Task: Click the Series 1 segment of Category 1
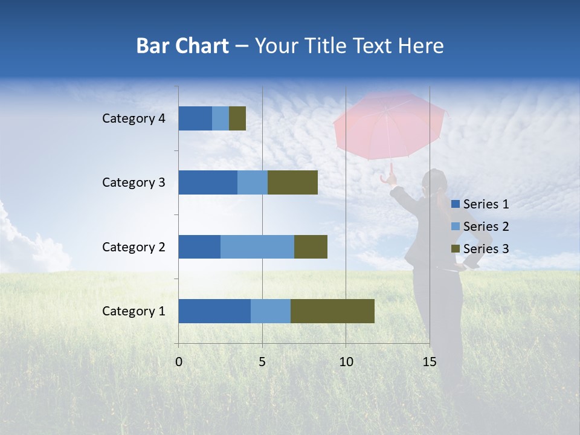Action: tap(214, 311)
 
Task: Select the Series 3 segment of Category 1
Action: tap(332, 311)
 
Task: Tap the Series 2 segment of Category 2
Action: tap(257, 246)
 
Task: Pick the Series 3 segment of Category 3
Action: tap(292, 182)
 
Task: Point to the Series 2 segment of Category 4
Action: tap(221, 118)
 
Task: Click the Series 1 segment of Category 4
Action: tap(195, 118)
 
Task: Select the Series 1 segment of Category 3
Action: tap(208, 182)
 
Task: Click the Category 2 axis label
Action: tap(134, 247)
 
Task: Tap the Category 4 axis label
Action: tap(134, 118)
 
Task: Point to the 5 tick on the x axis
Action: tap(262, 362)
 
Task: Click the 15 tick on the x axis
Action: tap(429, 362)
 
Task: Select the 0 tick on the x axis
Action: tap(179, 362)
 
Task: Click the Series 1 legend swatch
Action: tap(455, 204)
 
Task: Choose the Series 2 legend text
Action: tap(486, 227)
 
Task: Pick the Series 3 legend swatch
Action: tap(455, 249)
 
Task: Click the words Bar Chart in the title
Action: tap(182, 46)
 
